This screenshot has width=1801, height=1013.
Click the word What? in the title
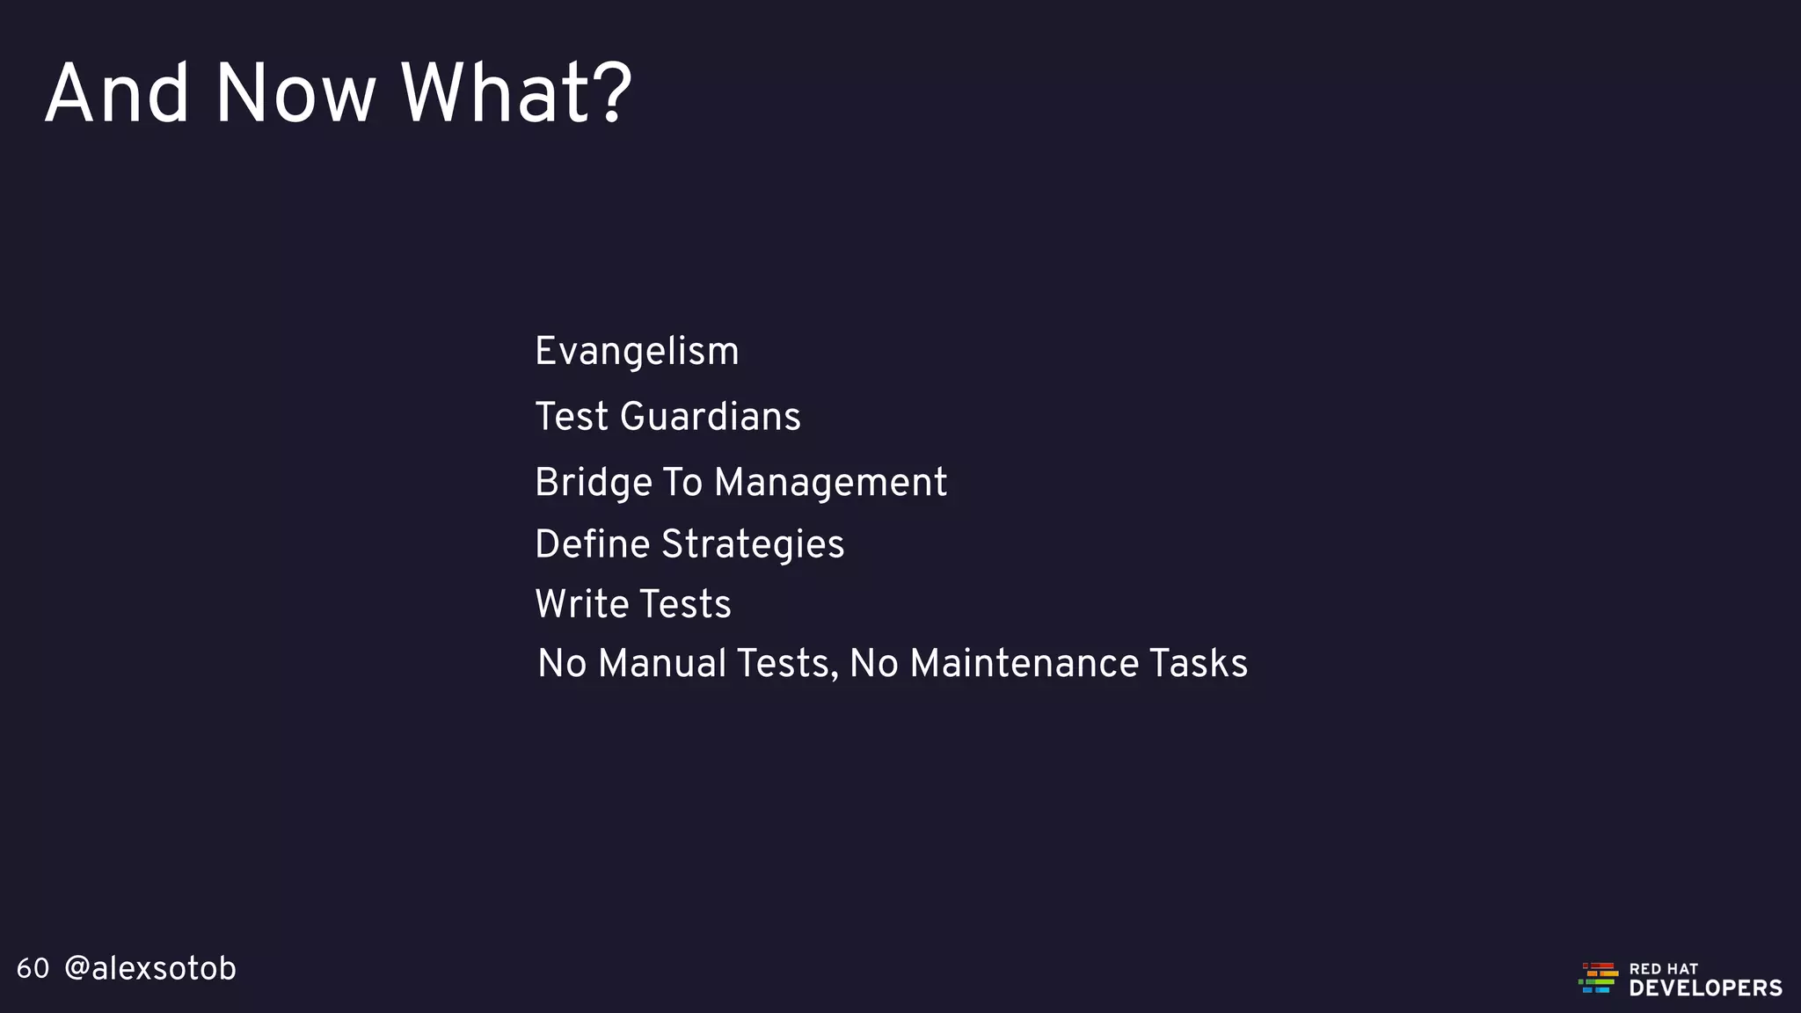pos(516,93)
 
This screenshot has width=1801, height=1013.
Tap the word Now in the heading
pos(295,93)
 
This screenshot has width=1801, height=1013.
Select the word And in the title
pos(117,93)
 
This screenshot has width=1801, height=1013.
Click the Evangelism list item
pos(637,352)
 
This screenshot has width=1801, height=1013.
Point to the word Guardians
pos(711,417)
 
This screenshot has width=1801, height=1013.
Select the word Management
pos(830,483)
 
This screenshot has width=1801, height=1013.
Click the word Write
pos(581,604)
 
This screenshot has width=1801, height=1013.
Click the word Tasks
pos(1199,664)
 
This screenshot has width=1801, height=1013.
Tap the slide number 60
pos(33,969)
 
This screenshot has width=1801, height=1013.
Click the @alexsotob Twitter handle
pos(150,969)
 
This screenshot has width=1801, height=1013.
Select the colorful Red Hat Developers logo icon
pos(1598,978)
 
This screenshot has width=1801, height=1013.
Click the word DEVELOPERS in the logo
pos(1705,988)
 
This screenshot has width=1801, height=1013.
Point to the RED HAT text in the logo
pos(1664,968)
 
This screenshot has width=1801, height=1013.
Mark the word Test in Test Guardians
pos(572,417)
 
